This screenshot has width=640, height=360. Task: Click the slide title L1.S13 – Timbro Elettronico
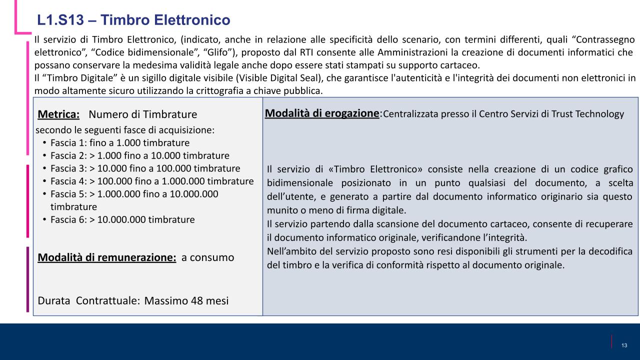click(133, 20)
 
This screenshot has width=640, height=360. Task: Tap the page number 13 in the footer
click(624, 346)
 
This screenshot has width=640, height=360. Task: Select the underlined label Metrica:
click(58, 114)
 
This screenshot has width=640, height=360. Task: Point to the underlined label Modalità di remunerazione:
click(107, 258)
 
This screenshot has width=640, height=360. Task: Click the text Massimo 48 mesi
click(186, 301)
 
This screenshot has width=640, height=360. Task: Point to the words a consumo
click(207, 258)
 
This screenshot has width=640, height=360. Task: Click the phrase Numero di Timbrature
click(142, 114)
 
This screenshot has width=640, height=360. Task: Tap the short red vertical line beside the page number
click(612, 341)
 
